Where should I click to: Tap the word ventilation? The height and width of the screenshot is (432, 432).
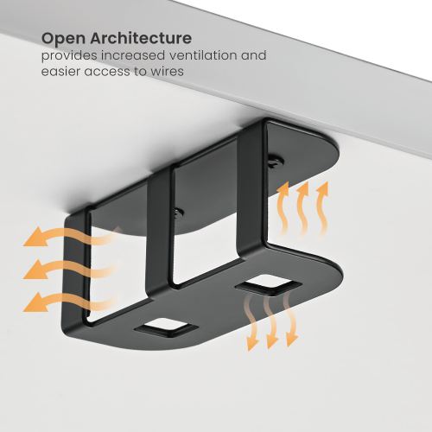(206, 55)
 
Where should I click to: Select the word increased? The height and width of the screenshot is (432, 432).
(134, 55)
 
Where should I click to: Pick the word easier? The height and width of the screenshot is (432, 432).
(61, 72)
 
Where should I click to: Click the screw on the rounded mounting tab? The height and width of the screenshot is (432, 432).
(274, 161)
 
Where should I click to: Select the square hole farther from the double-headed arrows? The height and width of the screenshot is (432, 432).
(166, 327)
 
